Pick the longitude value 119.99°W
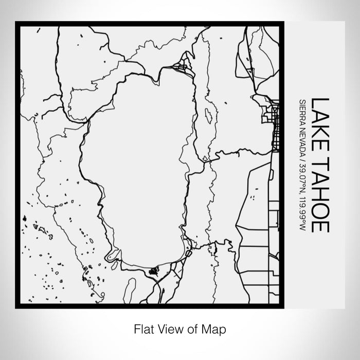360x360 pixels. point(303,211)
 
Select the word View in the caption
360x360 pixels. point(168,328)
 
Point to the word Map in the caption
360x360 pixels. point(215,328)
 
